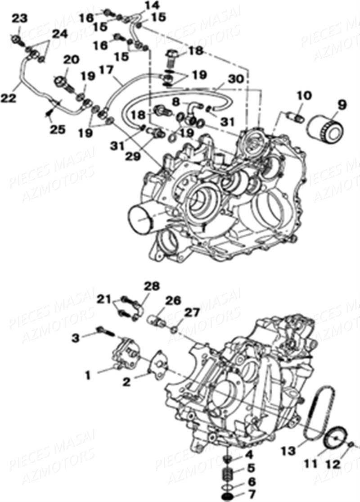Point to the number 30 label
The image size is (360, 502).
pyautogui.click(x=235, y=79)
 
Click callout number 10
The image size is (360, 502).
pyautogui.click(x=304, y=95)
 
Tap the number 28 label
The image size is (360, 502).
pyautogui.click(x=152, y=286)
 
